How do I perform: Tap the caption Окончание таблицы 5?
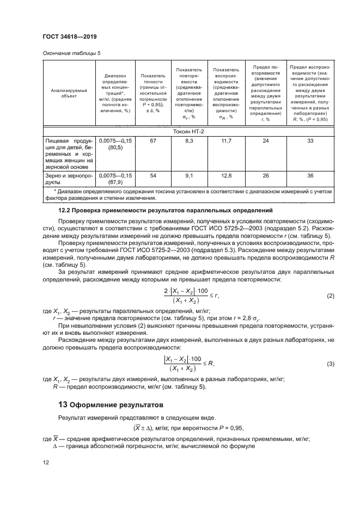click(x=71, y=53)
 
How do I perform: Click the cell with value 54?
click(x=153, y=176)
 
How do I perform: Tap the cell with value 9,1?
click(x=189, y=176)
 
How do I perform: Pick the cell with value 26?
click(x=266, y=176)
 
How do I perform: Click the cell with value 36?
click(x=309, y=176)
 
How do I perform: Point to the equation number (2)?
click(x=330, y=296)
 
